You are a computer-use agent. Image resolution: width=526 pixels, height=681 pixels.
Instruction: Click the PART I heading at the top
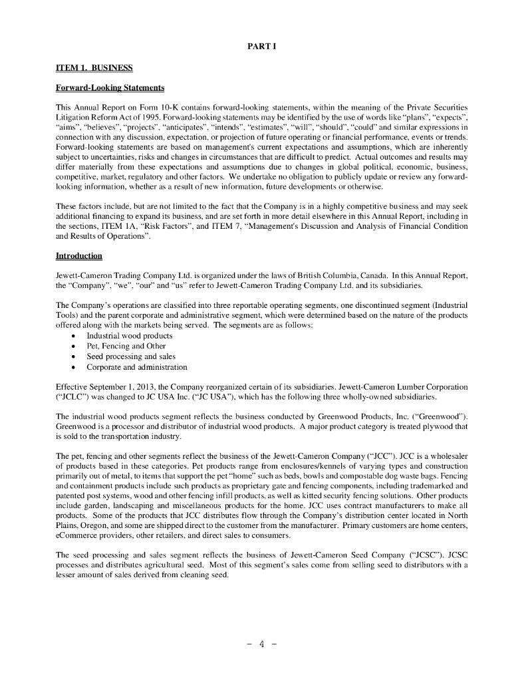[x=263, y=46]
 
